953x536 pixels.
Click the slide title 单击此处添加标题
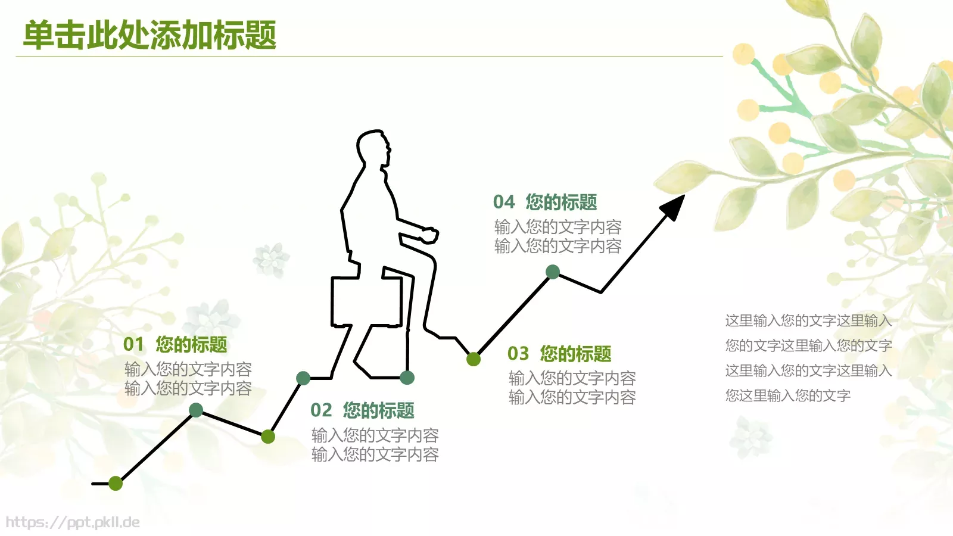click(150, 35)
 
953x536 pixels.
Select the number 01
click(133, 344)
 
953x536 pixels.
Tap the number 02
click(321, 410)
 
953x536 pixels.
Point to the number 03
click(518, 354)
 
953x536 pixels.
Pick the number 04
click(504, 202)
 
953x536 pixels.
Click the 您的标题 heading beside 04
click(561, 202)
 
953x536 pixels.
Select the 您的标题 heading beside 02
click(379, 410)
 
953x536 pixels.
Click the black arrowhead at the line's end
click(673, 207)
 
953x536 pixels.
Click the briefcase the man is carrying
click(365, 301)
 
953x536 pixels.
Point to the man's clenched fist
click(429, 235)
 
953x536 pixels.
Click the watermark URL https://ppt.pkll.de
click(73, 522)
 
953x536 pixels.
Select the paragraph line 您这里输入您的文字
click(787, 395)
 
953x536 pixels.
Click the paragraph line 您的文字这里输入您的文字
click(808, 345)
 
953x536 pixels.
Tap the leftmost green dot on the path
click(116, 484)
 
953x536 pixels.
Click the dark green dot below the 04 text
click(553, 272)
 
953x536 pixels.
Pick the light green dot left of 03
click(474, 359)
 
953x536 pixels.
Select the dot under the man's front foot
click(407, 378)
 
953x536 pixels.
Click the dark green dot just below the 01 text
click(196, 410)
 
